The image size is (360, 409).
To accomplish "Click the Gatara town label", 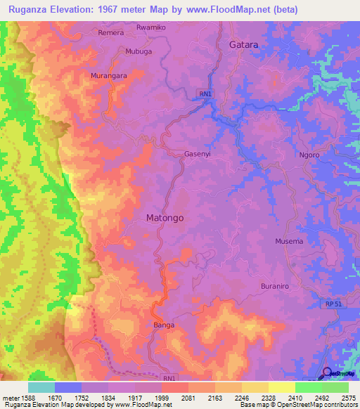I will point(244,44).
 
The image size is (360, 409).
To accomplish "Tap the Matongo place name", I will point(165,218).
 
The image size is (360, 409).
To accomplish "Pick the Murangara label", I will point(108,74).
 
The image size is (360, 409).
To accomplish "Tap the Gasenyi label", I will point(198,154).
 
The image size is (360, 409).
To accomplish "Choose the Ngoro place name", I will point(309,155).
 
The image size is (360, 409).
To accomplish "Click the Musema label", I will point(290,242).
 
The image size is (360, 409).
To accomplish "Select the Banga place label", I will point(164,325).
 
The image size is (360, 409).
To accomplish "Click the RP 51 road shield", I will point(334,304).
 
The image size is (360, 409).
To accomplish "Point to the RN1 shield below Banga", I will point(169,378).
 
